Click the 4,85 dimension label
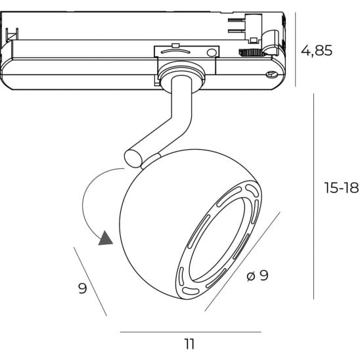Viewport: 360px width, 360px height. [x=317, y=51]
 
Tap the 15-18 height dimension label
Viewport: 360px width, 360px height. [x=342, y=188]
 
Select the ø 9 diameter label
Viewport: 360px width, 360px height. [x=258, y=275]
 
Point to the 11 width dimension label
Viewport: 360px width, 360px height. [x=189, y=344]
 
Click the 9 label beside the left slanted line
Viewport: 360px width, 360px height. [x=83, y=288]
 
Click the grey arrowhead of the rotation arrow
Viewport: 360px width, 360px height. [x=105, y=238]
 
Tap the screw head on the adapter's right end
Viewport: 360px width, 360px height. [x=271, y=75]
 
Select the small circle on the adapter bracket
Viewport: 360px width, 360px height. [x=212, y=53]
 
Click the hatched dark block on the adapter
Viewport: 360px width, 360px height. [x=251, y=53]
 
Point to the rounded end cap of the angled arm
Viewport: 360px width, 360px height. [x=133, y=158]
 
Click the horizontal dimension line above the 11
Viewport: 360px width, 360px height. [x=191, y=332]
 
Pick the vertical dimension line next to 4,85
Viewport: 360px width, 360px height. [x=296, y=49]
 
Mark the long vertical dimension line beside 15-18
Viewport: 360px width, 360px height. [x=313, y=196]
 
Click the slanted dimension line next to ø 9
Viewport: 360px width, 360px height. [x=242, y=261]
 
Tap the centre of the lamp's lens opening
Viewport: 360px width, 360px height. [x=217, y=239]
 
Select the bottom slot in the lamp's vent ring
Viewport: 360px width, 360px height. [x=191, y=291]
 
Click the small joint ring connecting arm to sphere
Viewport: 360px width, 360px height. [x=150, y=161]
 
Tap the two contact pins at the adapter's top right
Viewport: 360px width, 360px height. [x=236, y=25]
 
